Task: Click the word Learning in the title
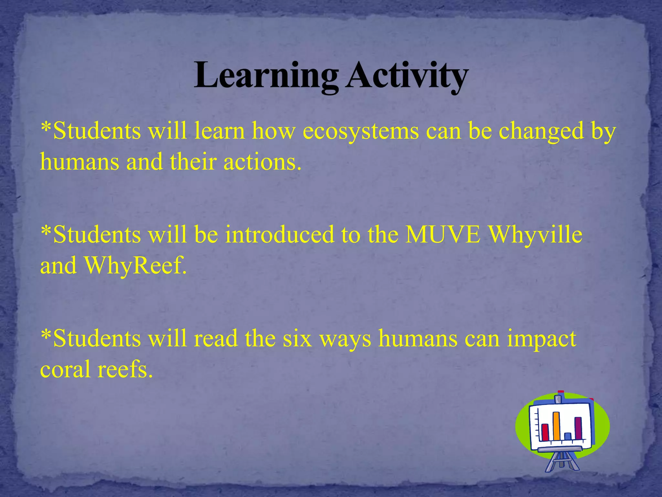point(266,76)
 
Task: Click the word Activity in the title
point(407,76)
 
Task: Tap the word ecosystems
point(360,131)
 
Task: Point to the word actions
point(262,162)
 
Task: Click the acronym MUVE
point(443,234)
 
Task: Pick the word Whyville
point(535,234)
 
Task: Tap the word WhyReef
point(136,265)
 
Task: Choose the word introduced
point(279,234)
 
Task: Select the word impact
point(541,338)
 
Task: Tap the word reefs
point(124,370)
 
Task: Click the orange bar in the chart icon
point(556,426)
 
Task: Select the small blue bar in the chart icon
point(568,436)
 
